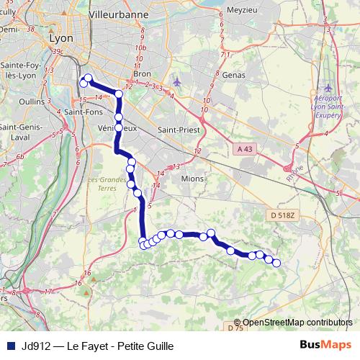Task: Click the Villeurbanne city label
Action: (113, 14)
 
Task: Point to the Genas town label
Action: (234, 75)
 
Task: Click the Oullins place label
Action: (32, 102)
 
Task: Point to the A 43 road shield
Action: (246, 148)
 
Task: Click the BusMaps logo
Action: (326, 344)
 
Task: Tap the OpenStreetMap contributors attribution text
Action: (297, 322)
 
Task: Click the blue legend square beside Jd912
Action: (10, 345)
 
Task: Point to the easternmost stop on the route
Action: (276, 263)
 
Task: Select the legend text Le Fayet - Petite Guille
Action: (120, 345)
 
